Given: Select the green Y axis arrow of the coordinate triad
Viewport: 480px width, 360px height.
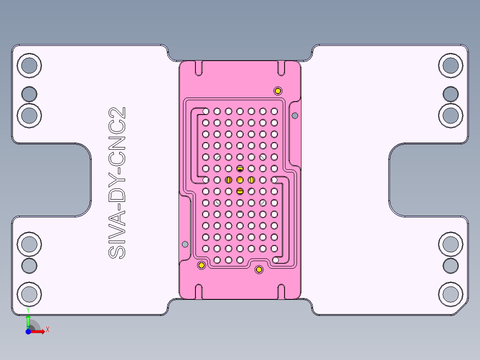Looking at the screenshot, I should [28, 320].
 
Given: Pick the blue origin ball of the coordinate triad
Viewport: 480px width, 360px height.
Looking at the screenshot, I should [28, 332].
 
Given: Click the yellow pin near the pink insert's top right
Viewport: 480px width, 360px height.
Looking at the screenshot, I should [278, 91].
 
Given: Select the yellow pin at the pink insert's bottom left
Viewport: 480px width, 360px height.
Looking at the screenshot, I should [201, 266].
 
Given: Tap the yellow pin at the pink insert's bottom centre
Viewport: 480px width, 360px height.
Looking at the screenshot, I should [259, 270].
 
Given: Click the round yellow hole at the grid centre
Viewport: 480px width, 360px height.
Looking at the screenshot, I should [240, 180].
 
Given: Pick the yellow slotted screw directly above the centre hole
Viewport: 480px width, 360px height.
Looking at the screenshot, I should [240, 168].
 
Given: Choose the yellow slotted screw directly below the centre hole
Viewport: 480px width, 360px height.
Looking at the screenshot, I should [240, 191].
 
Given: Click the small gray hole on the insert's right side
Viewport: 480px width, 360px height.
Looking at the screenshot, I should [295, 116].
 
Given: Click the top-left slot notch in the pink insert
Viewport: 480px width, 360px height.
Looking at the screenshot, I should [199, 68].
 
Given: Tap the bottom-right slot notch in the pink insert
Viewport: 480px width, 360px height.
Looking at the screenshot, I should [281, 290].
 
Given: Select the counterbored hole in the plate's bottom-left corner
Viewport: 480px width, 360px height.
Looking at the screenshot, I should [29, 294].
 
